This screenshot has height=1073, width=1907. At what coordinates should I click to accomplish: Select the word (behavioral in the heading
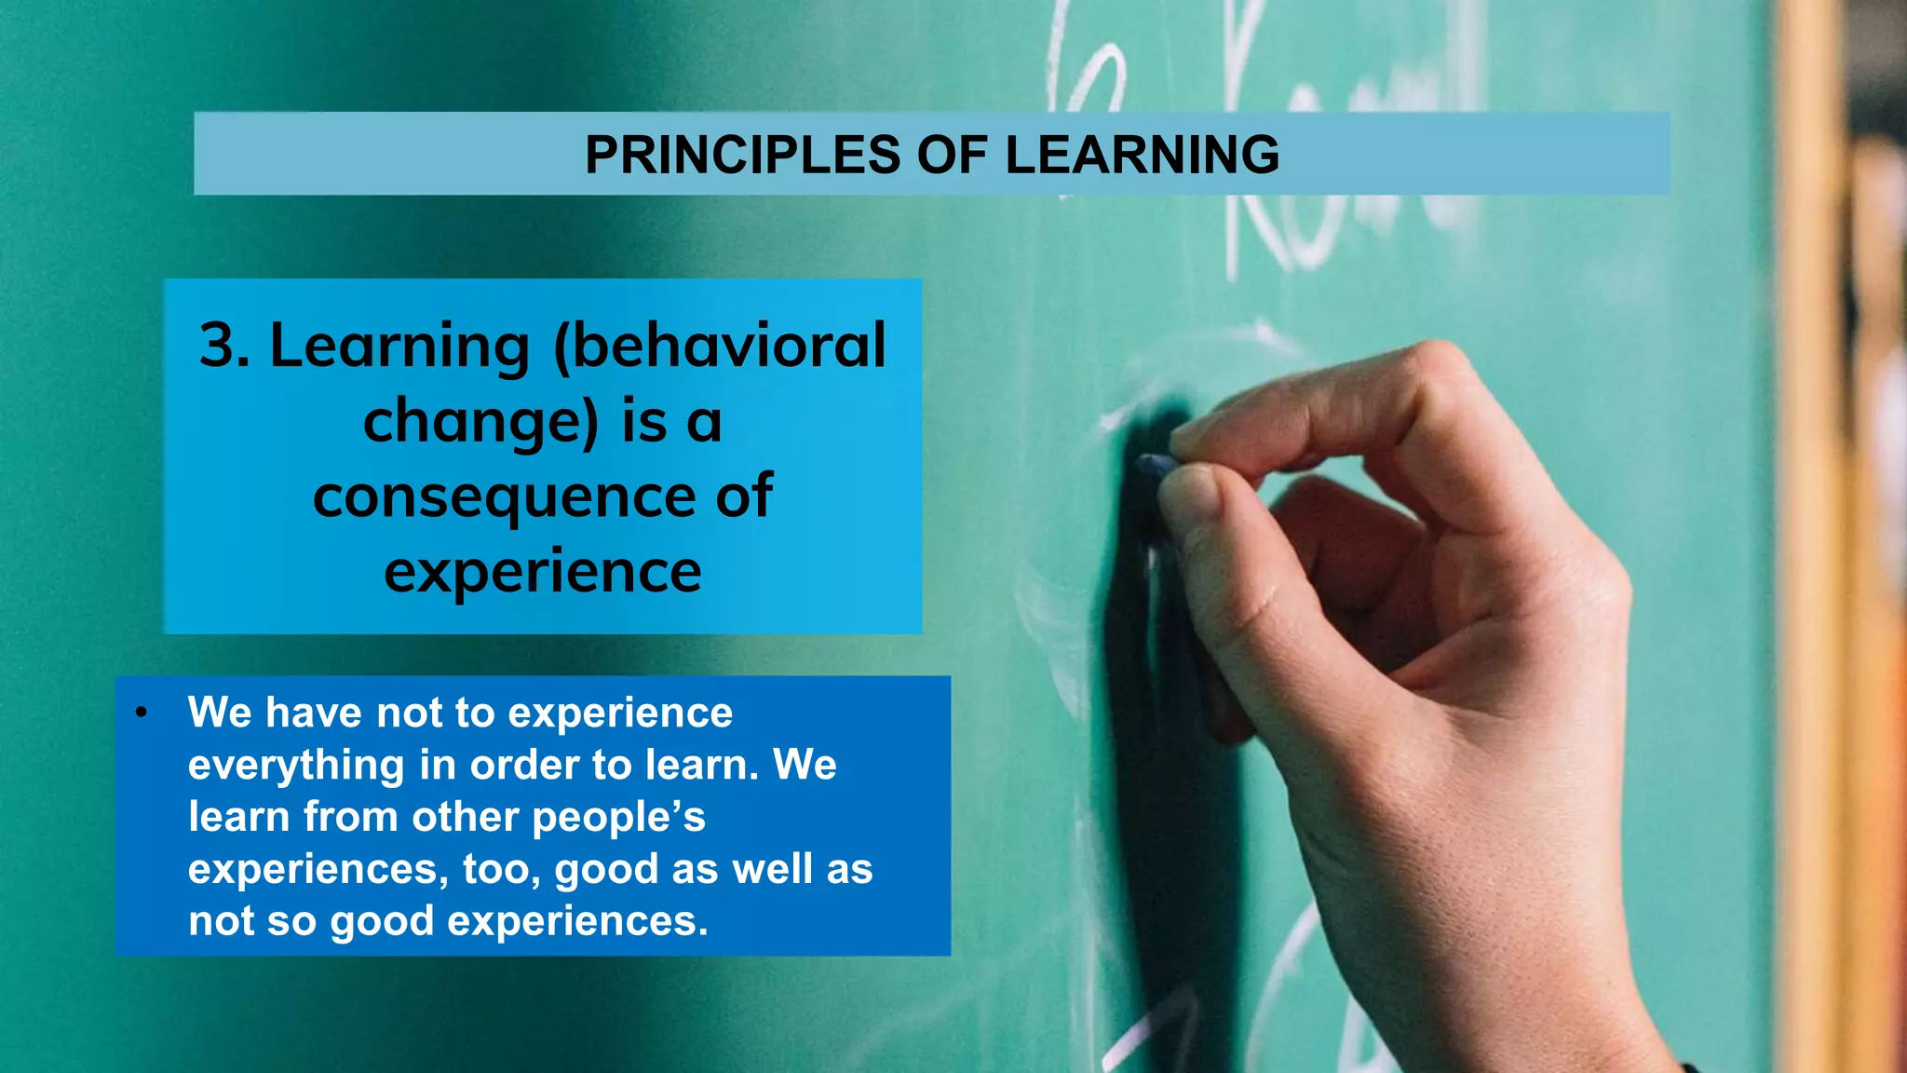coord(719,346)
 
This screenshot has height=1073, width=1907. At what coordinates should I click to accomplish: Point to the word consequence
coord(504,496)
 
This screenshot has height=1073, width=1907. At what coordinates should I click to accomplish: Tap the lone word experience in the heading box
coord(543,571)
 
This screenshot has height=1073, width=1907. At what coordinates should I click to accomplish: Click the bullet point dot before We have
coord(141,713)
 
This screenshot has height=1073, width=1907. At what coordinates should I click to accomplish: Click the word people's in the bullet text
coord(619,817)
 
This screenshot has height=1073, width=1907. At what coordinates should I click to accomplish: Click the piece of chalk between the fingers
coord(1155,464)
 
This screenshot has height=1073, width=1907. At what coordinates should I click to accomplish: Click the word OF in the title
coord(951,155)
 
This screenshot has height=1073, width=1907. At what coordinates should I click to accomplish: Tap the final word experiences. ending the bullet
coord(577,921)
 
